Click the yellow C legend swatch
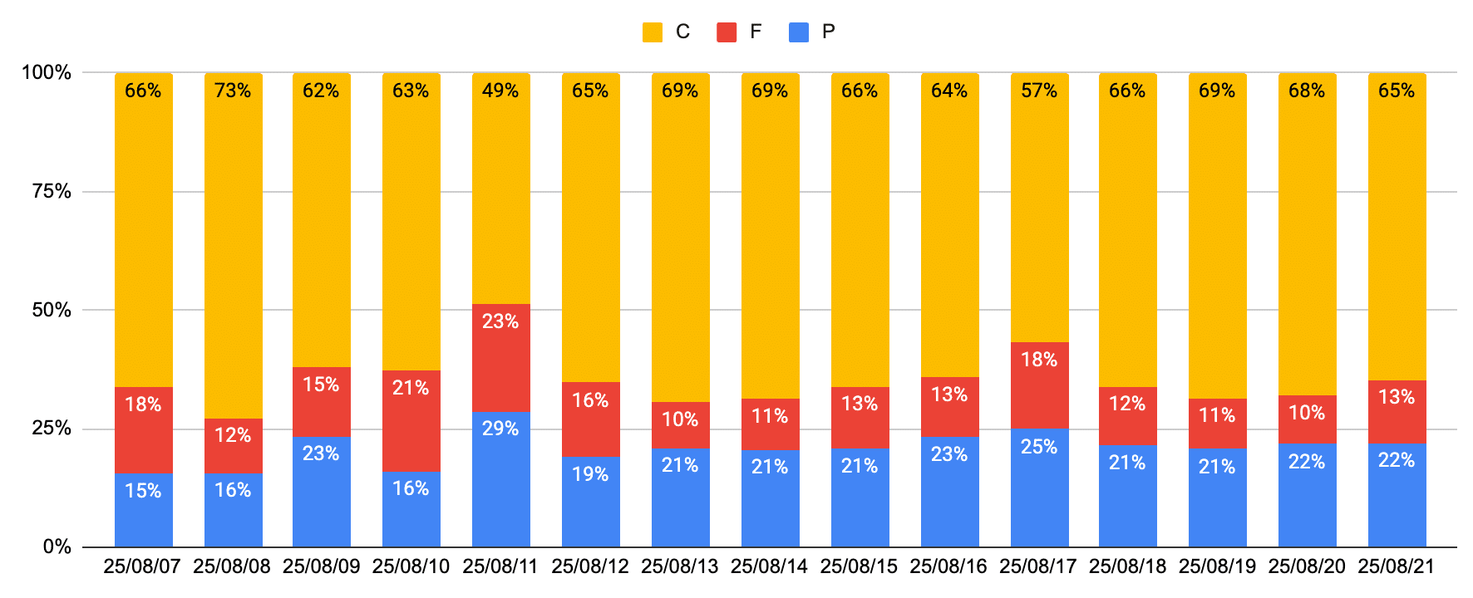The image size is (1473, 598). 653,32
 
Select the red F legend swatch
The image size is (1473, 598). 727,32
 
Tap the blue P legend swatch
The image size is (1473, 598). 799,32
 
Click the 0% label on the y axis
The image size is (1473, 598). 57,547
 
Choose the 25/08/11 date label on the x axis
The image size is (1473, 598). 500,566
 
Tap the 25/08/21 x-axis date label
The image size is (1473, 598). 1397,566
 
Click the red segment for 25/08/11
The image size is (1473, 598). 500,357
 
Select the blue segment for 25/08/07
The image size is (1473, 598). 143,510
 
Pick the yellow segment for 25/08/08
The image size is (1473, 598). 233,249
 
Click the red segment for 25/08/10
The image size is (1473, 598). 411,420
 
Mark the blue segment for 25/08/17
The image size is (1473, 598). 1039,488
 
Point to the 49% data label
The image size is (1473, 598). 500,91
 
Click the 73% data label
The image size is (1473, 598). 233,91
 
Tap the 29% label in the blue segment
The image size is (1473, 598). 500,429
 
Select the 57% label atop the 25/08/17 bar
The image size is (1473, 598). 1039,91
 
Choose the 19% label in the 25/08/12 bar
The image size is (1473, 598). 590,474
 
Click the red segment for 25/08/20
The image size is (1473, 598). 1307,419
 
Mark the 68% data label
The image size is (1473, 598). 1307,91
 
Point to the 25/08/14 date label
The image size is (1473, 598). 769,566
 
